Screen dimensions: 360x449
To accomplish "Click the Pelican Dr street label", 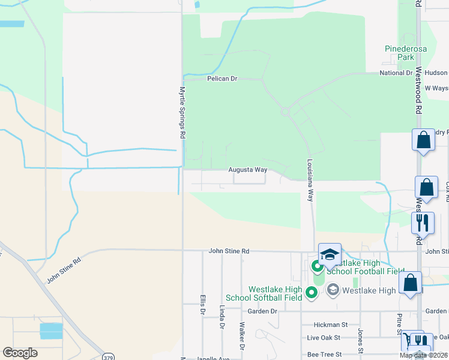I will click(223, 79).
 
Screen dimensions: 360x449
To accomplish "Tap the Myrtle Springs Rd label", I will click(182, 112).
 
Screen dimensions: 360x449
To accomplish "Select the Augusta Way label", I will click(247, 170).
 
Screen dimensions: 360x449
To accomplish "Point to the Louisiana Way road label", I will click(310, 181).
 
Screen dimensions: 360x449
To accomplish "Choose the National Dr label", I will click(396, 73).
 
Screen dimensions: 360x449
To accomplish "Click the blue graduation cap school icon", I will click(329, 255).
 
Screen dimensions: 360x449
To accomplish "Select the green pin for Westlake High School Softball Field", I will click(311, 292).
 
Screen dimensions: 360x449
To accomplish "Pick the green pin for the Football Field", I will click(317, 265).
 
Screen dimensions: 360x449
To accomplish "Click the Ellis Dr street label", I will click(202, 304).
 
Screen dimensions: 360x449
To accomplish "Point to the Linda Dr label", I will click(222, 317).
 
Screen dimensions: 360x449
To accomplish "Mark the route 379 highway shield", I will click(108, 355).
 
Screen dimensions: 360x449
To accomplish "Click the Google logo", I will click(20, 353).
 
